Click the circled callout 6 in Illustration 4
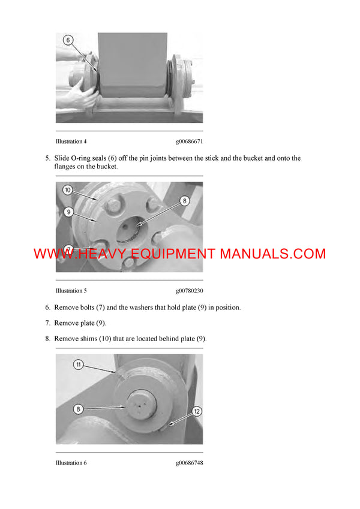click(68, 41)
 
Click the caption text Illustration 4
click(71, 141)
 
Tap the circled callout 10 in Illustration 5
click(68, 190)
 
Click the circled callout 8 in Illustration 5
click(185, 201)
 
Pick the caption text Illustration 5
click(71, 291)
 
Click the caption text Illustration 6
click(71, 463)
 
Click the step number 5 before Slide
click(47, 158)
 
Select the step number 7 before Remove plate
click(47, 323)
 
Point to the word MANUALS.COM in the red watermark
click(272, 254)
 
